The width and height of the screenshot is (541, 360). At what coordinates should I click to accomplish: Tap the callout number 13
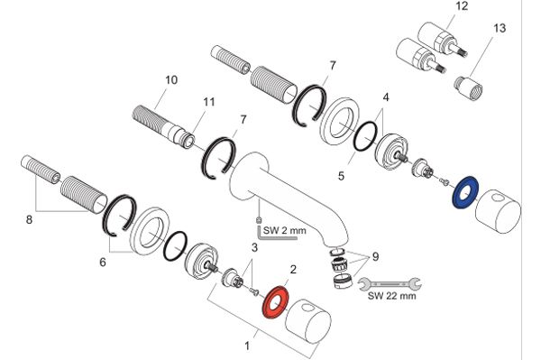click(500, 28)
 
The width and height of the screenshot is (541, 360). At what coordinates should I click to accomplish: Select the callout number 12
click(462, 6)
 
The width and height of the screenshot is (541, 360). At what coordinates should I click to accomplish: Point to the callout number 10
click(171, 80)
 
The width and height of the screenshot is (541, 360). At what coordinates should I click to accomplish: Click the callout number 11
click(209, 102)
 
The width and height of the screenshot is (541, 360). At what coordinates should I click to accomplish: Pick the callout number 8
click(29, 219)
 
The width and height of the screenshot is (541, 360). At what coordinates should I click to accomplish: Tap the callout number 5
click(341, 176)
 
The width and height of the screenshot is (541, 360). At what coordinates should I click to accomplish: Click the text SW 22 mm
click(391, 296)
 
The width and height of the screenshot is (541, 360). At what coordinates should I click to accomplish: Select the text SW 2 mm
click(285, 230)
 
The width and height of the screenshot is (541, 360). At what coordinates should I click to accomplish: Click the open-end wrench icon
click(390, 283)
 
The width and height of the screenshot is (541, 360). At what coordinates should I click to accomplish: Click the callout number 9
click(375, 257)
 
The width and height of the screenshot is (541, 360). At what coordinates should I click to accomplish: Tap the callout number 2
click(293, 269)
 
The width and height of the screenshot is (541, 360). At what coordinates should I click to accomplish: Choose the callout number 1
click(247, 346)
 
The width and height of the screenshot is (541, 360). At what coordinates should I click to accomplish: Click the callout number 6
click(103, 263)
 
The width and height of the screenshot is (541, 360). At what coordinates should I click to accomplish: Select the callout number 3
click(254, 247)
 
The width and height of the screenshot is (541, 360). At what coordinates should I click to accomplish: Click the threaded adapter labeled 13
click(469, 88)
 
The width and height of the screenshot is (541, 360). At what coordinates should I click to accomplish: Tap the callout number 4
click(386, 97)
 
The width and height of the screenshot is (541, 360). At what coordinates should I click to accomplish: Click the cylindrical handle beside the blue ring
click(498, 211)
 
